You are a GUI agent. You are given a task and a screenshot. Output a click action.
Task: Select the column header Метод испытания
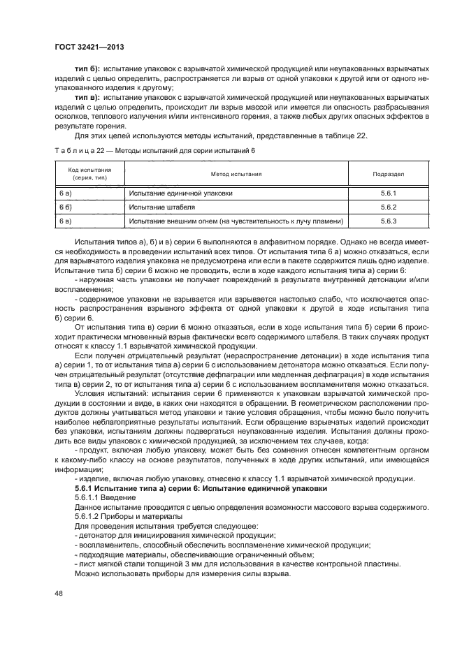[236, 174]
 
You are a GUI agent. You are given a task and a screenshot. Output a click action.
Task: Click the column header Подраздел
[389, 174]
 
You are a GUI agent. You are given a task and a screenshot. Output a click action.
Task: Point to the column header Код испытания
[89, 174]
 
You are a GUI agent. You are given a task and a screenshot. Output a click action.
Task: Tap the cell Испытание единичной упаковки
[180, 193]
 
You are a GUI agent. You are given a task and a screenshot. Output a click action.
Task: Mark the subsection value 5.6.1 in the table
[389, 193]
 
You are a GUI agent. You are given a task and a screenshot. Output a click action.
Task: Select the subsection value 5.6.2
[389, 207]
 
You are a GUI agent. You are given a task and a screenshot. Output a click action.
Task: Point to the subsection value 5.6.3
[389, 221]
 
